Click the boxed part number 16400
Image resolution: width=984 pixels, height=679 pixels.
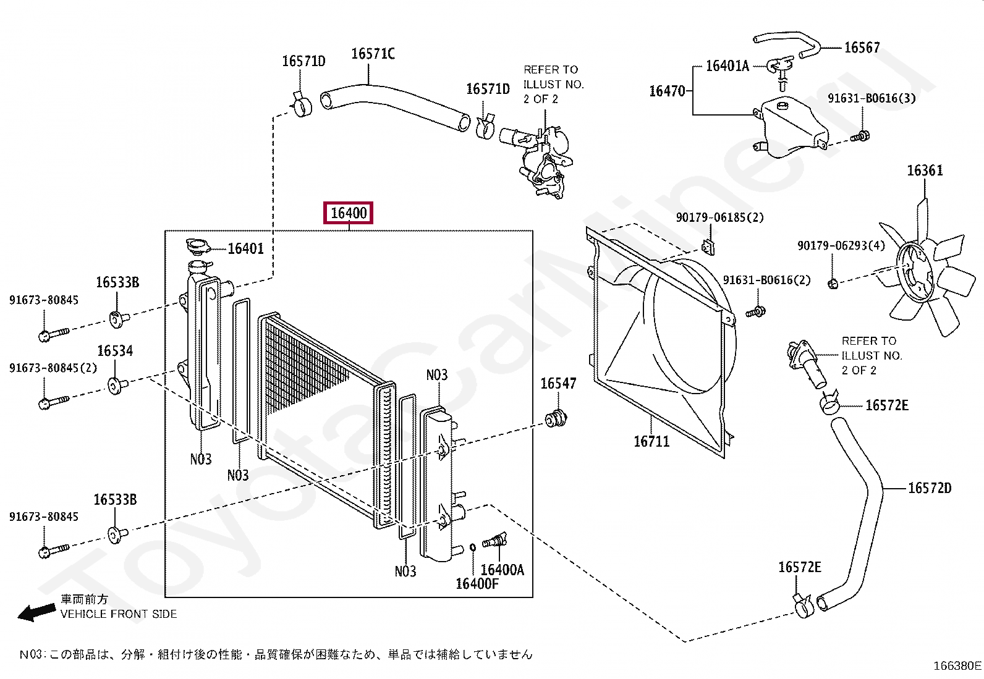pyautogui.click(x=349, y=213)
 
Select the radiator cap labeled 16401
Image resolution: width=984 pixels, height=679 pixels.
pyautogui.click(x=197, y=247)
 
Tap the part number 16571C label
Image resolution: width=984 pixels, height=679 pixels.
pyautogui.click(x=373, y=54)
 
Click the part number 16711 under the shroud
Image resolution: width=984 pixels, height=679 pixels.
pyautogui.click(x=651, y=441)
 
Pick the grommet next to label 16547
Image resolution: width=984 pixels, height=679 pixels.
pyautogui.click(x=556, y=418)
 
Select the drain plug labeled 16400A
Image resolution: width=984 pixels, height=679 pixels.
pyautogui.click(x=495, y=541)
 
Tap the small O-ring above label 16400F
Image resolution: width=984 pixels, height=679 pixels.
pyautogui.click(x=472, y=546)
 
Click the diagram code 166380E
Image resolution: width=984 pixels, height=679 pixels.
pyautogui.click(x=957, y=665)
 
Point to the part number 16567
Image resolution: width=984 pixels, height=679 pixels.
pyautogui.click(x=862, y=48)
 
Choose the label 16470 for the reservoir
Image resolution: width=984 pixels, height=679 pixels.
pyautogui.click(x=667, y=91)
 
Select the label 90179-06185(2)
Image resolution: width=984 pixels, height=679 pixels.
pyautogui.click(x=719, y=217)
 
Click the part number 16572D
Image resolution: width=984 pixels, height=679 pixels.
pyautogui.click(x=929, y=488)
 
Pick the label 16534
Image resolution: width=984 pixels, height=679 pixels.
pyautogui.click(x=115, y=351)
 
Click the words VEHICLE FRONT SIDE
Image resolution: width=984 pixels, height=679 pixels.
pyautogui.click(x=119, y=614)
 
